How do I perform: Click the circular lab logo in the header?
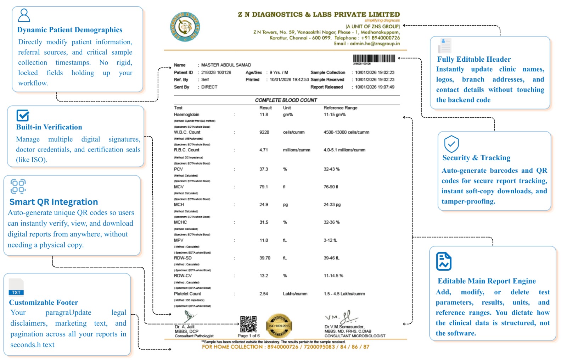coord(185,27)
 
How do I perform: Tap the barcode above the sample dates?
coord(374,59)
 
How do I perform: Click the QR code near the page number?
coord(248,324)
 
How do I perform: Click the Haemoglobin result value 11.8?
coord(264,115)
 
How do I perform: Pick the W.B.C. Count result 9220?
coord(264,132)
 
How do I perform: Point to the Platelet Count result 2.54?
coord(264,294)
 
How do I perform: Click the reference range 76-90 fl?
coord(331,187)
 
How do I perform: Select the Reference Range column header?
coord(340,108)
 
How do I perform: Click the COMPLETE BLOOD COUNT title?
coord(286,100)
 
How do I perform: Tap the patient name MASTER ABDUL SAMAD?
coord(226,65)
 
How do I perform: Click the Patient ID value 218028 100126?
coord(216,72)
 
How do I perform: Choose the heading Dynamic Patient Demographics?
coord(70,30)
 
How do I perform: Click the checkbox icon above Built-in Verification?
coord(23,115)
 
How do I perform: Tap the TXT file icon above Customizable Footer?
coord(16,287)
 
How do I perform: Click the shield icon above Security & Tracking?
coord(451,144)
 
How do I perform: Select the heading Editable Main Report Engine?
coord(487,281)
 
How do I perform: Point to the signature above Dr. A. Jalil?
coord(190,316)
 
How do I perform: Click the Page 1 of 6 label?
coord(248,336)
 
